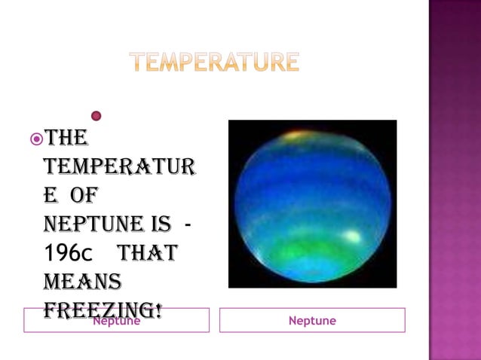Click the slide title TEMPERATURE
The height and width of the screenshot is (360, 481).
coord(214,62)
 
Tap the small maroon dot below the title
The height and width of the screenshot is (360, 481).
coord(96,116)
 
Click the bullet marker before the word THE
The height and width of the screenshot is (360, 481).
coord(35,139)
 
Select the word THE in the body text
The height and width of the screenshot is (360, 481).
coord(66,139)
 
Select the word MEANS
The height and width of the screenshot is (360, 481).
coord(82,282)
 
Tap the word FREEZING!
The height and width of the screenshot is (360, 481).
coord(103,310)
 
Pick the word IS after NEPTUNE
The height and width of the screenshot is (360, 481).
coord(160,224)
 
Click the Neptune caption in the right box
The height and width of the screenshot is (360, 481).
coord(312,321)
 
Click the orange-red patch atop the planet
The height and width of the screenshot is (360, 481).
coord(296,136)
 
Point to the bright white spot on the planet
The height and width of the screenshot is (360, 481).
coord(351,236)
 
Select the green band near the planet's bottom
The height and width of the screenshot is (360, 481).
coord(309,249)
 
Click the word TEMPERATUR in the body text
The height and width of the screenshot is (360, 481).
coord(120,167)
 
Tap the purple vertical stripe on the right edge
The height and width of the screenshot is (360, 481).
coord(455,180)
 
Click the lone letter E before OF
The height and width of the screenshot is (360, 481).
coord(51,196)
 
